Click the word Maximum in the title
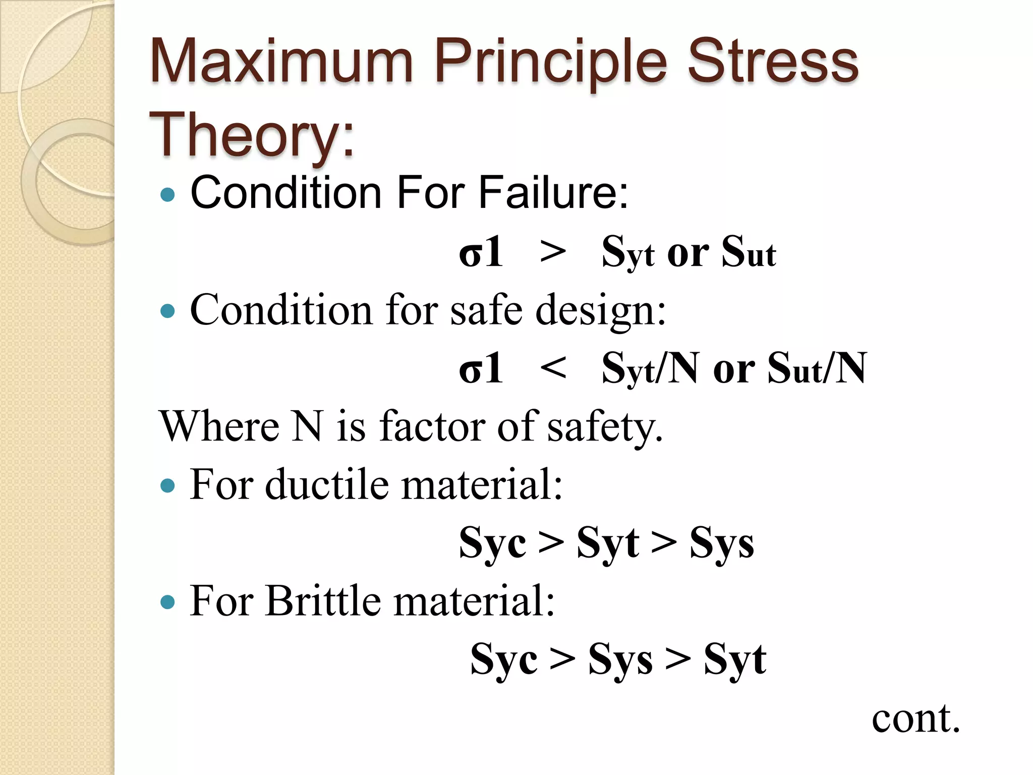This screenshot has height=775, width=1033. (281, 63)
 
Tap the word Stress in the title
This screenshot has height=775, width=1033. (773, 63)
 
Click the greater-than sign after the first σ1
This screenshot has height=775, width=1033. (552, 251)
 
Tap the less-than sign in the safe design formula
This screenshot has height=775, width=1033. (552, 368)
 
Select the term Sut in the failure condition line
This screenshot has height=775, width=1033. (749, 252)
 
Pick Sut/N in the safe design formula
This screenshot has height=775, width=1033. (817, 369)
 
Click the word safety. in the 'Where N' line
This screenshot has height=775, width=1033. (605, 427)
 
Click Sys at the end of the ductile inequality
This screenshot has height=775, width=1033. (722, 543)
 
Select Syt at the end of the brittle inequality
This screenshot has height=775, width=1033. (735, 659)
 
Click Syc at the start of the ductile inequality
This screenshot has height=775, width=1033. (492, 543)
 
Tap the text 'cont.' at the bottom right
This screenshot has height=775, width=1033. (915, 718)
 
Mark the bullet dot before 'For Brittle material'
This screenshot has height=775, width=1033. (167, 602)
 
